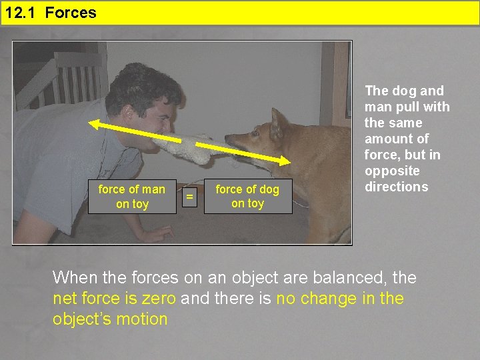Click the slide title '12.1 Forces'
[51, 13]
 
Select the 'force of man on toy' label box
[131, 197]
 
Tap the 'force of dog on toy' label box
[247, 197]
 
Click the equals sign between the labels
[190, 197]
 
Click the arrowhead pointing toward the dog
[286, 161]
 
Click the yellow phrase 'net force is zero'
[115, 299]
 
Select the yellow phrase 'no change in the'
[339, 299]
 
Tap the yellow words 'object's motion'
[110, 319]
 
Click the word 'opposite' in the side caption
[392, 171]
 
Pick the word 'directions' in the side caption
[396, 187]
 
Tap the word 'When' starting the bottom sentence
[75, 277]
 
